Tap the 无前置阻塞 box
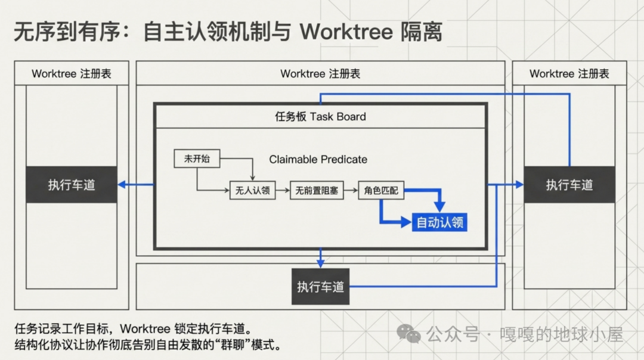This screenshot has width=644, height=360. tap(317, 191)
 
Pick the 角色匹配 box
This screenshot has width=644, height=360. tap(381, 191)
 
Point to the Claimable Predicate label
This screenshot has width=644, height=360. tap(318, 159)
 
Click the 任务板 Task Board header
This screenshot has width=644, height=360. tap(320, 117)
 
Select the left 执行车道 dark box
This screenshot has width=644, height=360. tap(72, 185)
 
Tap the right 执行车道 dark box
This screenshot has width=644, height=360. tap(569, 185)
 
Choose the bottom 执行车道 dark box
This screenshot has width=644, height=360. tap(320, 287)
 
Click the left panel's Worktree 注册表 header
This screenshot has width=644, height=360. tap(72, 74)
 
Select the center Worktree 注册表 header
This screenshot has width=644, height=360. tap(320, 74)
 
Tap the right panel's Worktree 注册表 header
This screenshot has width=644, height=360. tap(569, 74)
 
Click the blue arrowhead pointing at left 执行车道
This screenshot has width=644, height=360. tap(122, 185)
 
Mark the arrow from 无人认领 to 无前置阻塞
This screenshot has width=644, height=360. tap(282, 191)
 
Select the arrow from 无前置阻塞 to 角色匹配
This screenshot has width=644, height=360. tap(351, 191)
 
